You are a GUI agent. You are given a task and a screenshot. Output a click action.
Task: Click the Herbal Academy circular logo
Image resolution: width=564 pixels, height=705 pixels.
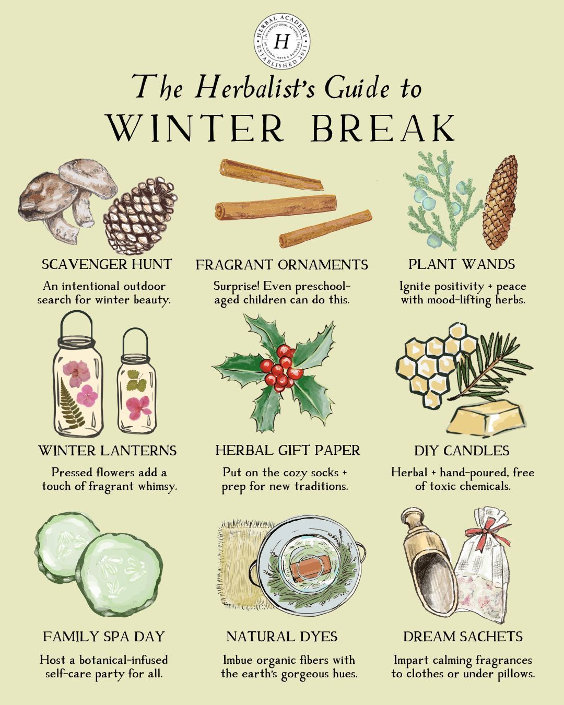[x=282, y=41]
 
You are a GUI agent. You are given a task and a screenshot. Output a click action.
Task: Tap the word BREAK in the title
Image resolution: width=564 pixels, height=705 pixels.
[x=383, y=128]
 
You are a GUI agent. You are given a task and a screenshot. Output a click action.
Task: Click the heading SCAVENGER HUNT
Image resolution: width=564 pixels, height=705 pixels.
[x=107, y=264]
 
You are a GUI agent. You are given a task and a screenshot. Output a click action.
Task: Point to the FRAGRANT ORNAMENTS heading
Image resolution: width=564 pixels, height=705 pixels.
[x=282, y=265]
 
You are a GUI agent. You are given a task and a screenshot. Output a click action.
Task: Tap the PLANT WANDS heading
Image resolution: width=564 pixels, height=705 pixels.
[x=462, y=264]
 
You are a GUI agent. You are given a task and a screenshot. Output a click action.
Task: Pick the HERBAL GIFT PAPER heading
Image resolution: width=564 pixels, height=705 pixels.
[x=288, y=450]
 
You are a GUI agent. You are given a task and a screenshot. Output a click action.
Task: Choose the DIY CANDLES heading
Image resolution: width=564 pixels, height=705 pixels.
[x=462, y=451]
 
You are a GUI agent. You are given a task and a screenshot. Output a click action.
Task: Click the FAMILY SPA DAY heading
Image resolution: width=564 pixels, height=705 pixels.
[x=104, y=637]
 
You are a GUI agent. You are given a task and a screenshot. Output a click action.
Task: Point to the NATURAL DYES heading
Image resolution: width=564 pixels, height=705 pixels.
[x=282, y=637]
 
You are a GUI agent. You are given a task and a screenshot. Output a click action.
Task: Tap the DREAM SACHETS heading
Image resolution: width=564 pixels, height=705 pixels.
[x=463, y=637]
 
